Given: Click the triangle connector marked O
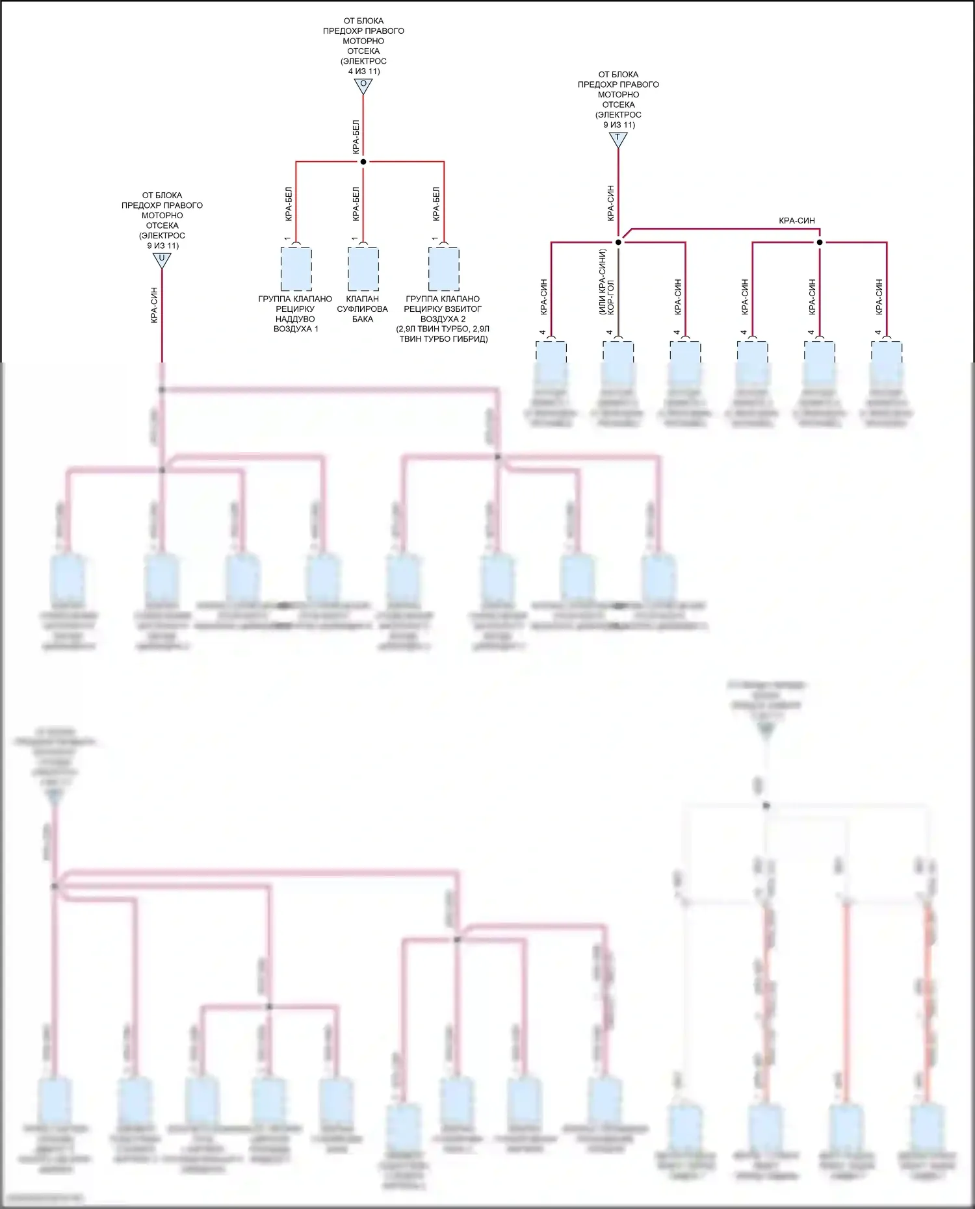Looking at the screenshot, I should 363,86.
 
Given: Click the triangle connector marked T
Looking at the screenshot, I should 618,139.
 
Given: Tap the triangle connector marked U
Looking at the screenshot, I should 162,260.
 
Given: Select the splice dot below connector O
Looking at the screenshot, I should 363,162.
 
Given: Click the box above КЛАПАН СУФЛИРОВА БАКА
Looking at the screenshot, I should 363,269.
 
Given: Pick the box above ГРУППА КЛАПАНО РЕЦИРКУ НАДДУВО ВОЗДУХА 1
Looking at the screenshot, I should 296,269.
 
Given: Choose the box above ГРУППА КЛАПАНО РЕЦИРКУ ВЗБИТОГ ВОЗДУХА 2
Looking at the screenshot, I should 444,269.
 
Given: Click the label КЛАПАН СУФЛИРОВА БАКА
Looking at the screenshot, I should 363,309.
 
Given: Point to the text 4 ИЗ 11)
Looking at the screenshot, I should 364,71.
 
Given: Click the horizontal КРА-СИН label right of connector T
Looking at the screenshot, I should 797,221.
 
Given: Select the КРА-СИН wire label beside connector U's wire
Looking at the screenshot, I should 154,305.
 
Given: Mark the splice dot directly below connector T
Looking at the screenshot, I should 618,242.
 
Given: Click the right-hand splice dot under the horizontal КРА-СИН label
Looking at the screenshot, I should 820,242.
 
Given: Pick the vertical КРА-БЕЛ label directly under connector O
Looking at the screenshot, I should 356,136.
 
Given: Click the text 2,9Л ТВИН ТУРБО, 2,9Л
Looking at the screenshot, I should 443,329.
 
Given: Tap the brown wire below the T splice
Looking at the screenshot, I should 618,292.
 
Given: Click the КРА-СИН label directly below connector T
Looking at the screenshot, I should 610,203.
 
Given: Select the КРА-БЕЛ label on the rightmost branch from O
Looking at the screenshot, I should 436,204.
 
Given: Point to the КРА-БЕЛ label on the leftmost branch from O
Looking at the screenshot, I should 289,204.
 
